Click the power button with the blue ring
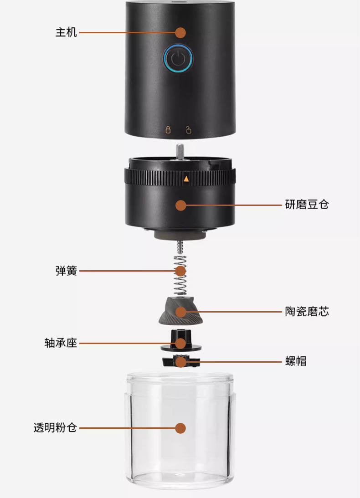[178, 59]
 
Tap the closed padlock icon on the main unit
[168, 130]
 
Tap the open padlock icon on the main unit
[189, 130]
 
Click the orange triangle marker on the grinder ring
[185, 179]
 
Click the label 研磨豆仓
[307, 205]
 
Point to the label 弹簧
[66, 271]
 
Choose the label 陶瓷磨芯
[307, 312]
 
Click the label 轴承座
[61, 343]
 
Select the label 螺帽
[296, 361]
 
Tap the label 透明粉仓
[55, 428]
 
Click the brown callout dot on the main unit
[181, 33]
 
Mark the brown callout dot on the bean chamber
[181, 205]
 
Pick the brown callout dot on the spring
[181, 271]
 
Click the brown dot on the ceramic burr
[181, 312]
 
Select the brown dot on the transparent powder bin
[181, 428]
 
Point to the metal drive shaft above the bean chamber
[181, 151]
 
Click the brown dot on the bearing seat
[181, 343]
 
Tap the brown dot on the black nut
[181, 362]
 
